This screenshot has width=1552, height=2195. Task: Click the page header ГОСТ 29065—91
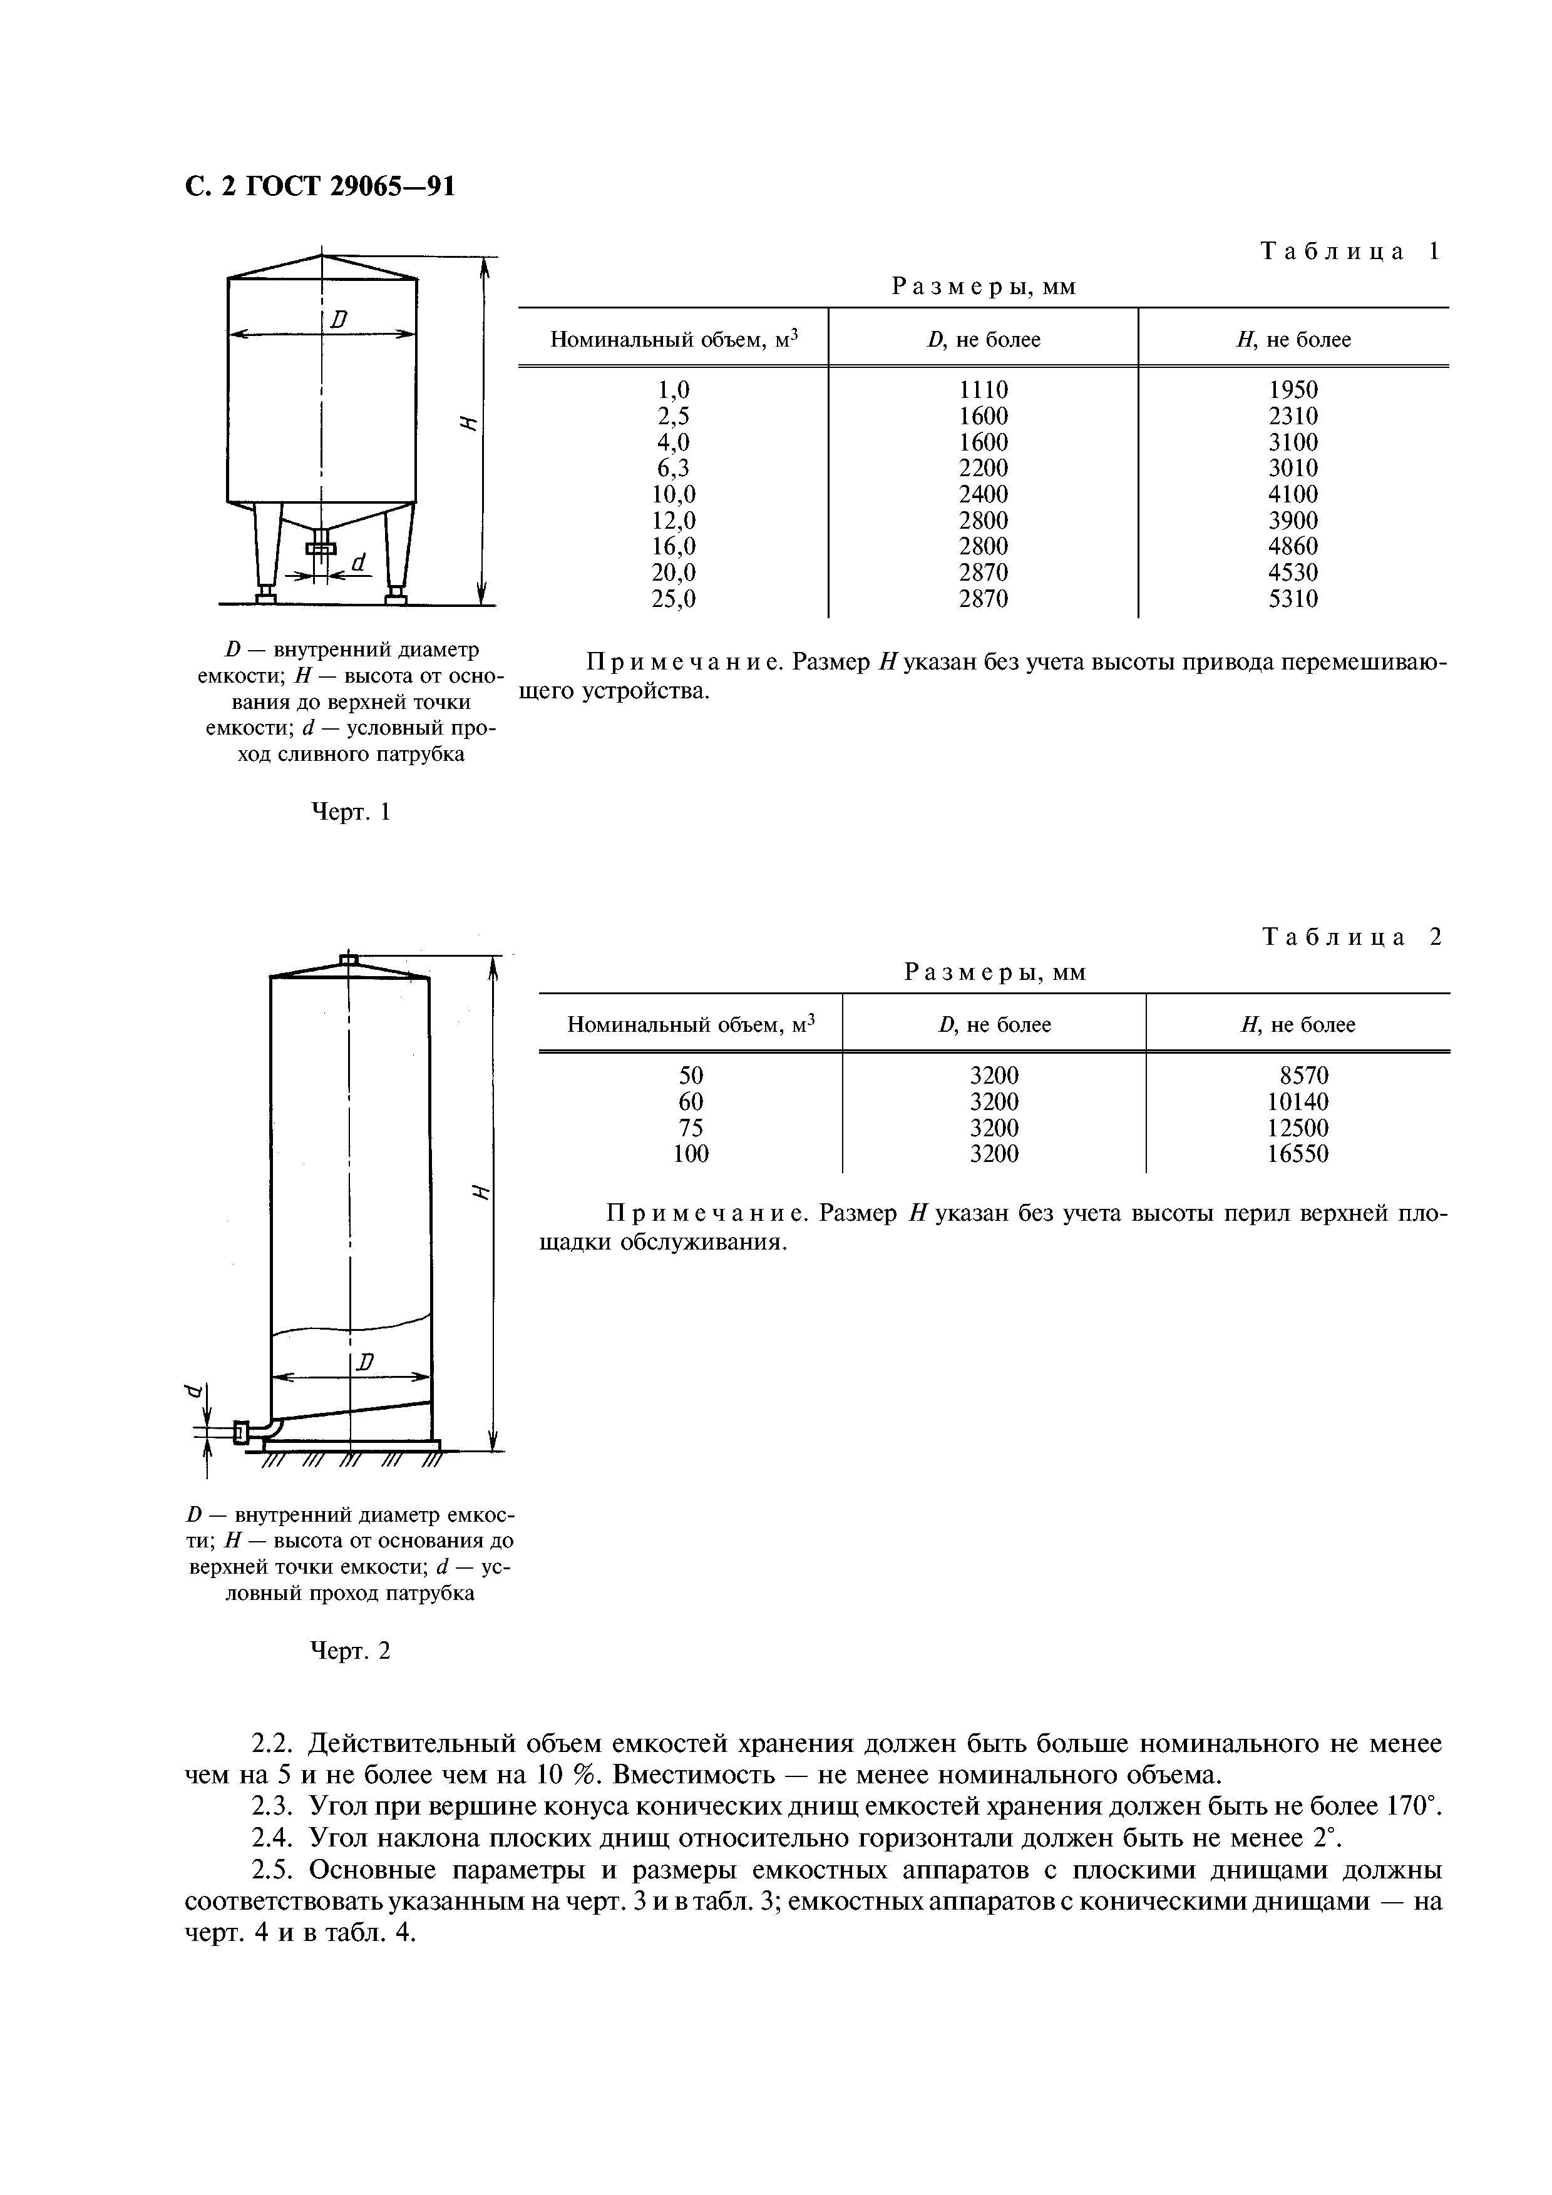click(319, 186)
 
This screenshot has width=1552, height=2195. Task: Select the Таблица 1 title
click(1349, 252)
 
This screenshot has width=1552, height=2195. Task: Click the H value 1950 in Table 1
click(1293, 390)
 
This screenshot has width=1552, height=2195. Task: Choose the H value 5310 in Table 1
click(1293, 599)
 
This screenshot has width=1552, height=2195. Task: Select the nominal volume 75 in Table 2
click(691, 1128)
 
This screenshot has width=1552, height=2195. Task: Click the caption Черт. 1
click(352, 813)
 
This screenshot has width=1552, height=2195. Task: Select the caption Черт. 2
click(351, 1651)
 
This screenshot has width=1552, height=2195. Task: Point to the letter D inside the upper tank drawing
click(337, 320)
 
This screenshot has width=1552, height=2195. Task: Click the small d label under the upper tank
click(359, 563)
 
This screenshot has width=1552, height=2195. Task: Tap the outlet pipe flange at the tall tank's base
click(240, 1431)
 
